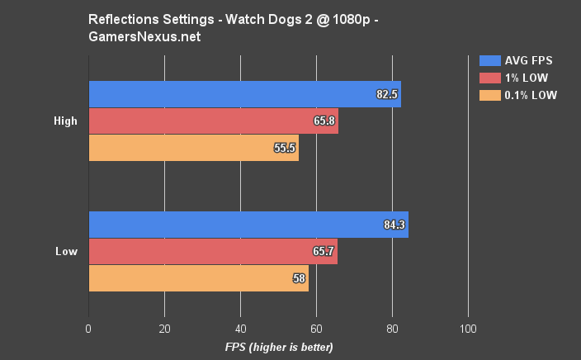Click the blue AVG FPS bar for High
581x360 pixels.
[x=244, y=94]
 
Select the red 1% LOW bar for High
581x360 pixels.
[x=213, y=121]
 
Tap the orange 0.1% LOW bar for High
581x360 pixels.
[x=193, y=148]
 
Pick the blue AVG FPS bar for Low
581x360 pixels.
[x=248, y=225]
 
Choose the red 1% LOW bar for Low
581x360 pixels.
[x=213, y=251]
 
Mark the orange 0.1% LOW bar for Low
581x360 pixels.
[x=198, y=278]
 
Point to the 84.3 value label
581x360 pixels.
[x=394, y=225]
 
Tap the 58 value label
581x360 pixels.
[x=300, y=278]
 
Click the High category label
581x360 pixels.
[x=65, y=121]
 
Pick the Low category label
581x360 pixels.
[x=67, y=251]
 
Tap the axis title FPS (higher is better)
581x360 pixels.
[x=278, y=347]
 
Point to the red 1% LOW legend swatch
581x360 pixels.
[x=489, y=78]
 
